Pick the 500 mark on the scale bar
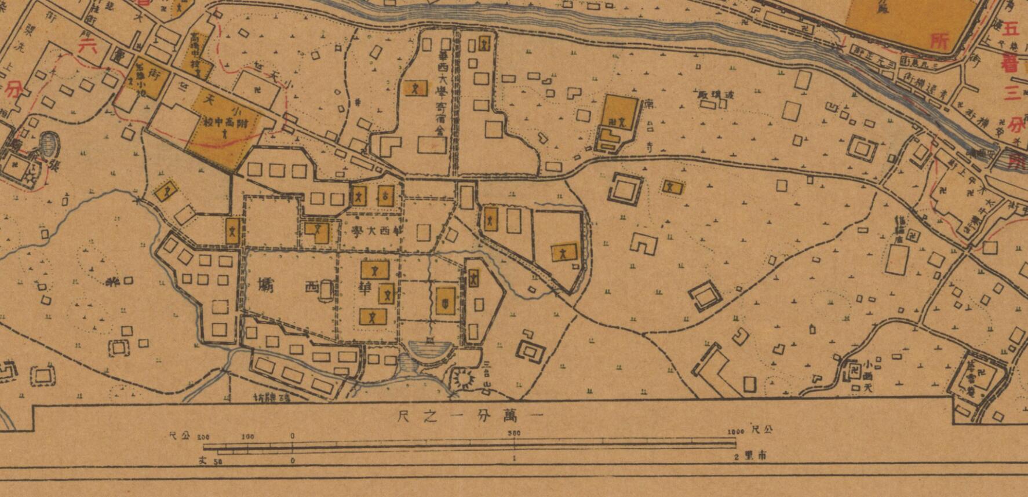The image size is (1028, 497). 513,433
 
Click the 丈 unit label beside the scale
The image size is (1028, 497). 202,460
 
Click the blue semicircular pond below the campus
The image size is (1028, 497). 430,350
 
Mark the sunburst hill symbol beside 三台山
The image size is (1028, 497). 464,380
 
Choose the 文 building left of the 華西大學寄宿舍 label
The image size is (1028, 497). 415,88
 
